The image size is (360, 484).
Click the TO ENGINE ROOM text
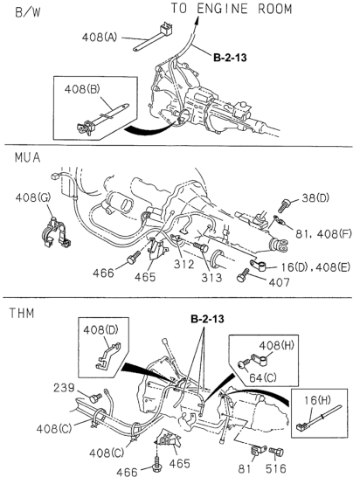[232, 9]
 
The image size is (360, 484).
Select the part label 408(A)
[100, 38]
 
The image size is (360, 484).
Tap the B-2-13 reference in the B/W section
[230, 58]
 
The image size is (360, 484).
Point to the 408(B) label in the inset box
[82, 89]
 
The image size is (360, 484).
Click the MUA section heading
[27, 157]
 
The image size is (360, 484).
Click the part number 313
[211, 278]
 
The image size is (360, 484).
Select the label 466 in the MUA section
[103, 273]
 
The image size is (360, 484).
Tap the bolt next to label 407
[243, 275]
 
